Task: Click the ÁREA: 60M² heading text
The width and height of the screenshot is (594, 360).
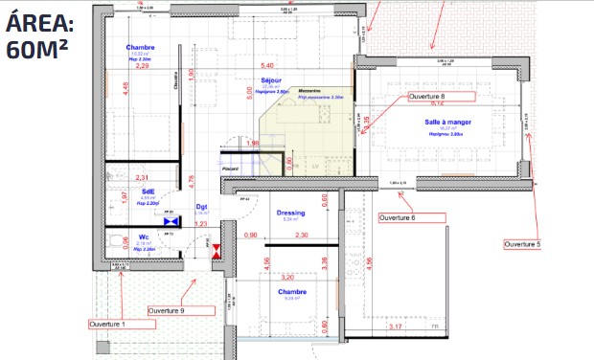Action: [x=44, y=36]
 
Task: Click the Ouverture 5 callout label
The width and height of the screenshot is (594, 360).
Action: [x=522, y=245]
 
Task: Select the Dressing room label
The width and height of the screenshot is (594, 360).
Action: [x=290, y=213]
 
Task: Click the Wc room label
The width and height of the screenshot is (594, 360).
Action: [x=144, y=236]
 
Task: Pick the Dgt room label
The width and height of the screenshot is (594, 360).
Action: [x=202, y=206]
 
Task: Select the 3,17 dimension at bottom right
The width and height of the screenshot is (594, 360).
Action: [x=395, y=327]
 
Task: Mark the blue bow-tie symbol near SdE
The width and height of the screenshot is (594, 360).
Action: [x=171, y=221]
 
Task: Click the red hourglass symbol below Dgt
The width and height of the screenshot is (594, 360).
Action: [x=217, y=252]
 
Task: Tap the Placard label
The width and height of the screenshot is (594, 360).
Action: [x=230, y=169]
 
